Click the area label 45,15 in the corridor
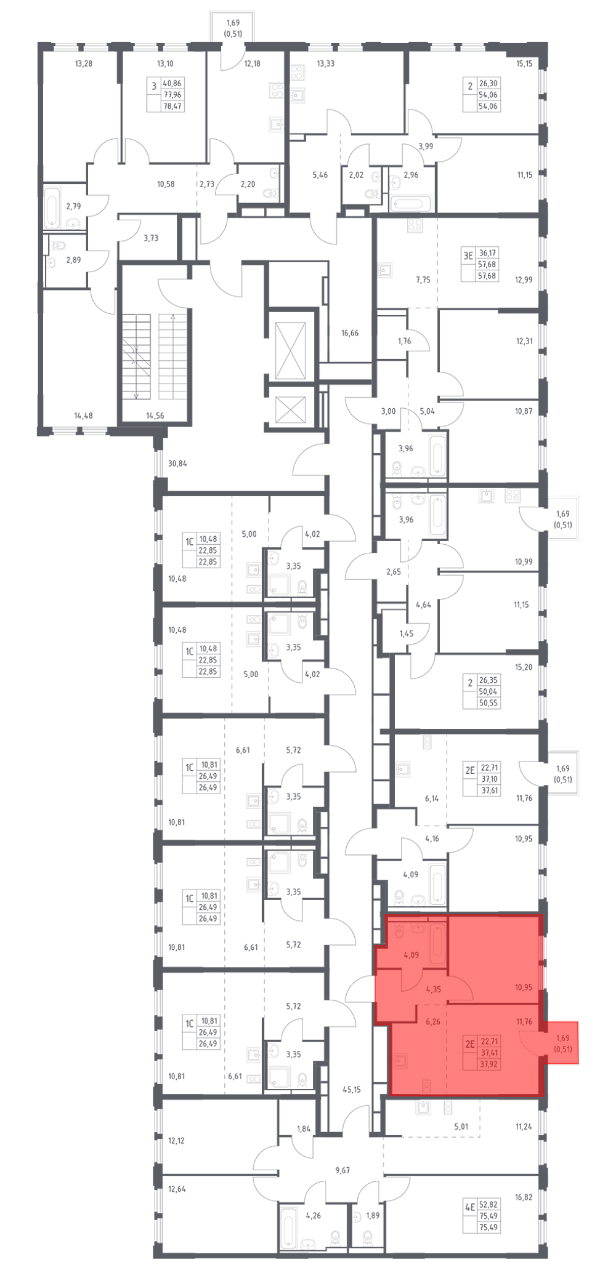[352, 1090]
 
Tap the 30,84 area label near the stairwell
[177, 464]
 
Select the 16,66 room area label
[350, 333]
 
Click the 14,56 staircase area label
[155, 416]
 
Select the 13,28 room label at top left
[83, 63]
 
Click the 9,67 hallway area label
[342, 1170]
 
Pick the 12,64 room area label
[177, 1189]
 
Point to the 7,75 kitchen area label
[423, 279]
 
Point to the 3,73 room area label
[151, 238]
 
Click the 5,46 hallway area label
[320, 175]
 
